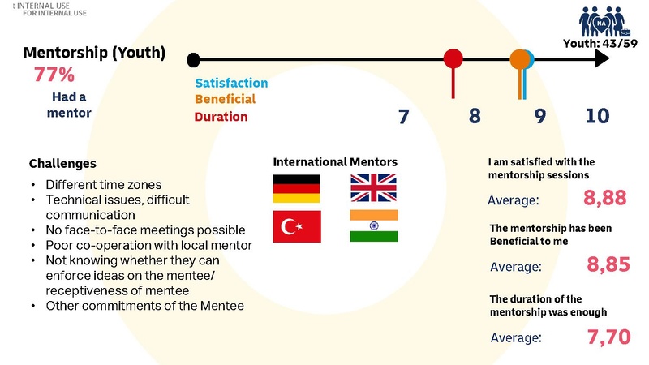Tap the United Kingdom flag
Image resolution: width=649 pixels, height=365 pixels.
tap(374, 188)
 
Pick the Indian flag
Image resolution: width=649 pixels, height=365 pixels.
tap(374, 226)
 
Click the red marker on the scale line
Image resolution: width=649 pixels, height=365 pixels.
tap(453, 59)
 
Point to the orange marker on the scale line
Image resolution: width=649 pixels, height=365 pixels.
tap(519, 59)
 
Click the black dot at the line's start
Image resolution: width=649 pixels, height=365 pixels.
tap(193, 59)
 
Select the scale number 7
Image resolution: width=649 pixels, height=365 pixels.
tap(403, 116)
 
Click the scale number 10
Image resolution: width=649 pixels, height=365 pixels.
tap(597, 116)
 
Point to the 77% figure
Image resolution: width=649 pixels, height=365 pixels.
tap(54, 75)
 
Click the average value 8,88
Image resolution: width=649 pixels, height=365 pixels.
tap(607, 198)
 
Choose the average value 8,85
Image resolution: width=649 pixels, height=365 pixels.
tap(608, 265)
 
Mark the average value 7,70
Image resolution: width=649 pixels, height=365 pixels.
tap(608, 336)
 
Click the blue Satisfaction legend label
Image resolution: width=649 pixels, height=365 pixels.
tap(231, 83)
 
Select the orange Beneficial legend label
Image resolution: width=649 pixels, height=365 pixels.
tap(225, 99)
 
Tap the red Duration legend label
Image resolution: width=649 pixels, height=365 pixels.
tap(221, 117)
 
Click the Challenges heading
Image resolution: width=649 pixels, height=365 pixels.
tap(62, 163)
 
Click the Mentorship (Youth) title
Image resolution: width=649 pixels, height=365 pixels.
tap(95, 54)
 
